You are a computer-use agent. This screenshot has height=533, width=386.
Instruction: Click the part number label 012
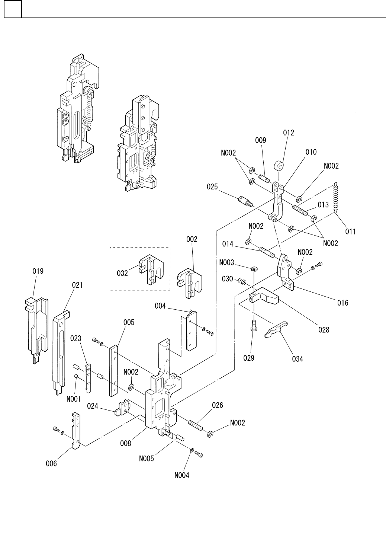[289, 133]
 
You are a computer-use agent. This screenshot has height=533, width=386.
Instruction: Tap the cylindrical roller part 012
[279, 166]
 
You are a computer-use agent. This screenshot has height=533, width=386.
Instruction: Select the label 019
[38, 271]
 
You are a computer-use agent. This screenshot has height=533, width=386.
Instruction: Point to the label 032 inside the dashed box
[122, 273]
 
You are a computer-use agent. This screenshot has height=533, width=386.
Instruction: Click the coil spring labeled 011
[336, 198]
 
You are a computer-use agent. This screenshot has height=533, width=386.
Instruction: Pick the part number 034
[297, 359]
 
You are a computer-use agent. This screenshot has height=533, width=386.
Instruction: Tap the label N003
[226, 262]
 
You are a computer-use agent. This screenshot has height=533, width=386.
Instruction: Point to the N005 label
[147, 459]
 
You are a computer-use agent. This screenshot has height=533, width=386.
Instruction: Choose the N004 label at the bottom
[182, 475]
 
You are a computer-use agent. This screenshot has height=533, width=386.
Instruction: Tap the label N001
[74, 399]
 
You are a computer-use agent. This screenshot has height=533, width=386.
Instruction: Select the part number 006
[51, 463]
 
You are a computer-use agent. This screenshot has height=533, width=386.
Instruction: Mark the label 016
[343, 303]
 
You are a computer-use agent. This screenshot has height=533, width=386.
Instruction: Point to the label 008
[125, 443]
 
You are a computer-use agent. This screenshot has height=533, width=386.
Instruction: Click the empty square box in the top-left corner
[13, 9]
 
